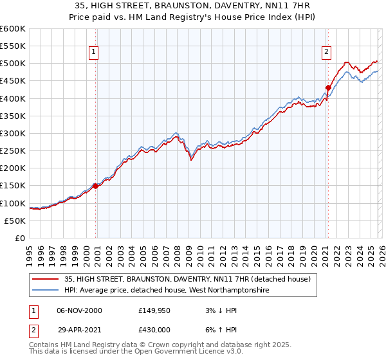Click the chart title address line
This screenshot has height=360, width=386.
[x=193, y=5]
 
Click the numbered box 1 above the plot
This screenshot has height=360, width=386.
[x=94, y=52]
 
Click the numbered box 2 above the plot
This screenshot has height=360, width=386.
[x=326, y=52]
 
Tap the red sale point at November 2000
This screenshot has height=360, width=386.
[x=96, y=186]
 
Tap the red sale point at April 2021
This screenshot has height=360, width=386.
[x=328, y=87]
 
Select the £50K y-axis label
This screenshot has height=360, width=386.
[x=15, y=221]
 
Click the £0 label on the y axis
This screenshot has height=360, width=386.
[x=20, y=238]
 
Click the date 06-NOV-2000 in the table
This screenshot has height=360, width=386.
[x=79, y=310]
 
